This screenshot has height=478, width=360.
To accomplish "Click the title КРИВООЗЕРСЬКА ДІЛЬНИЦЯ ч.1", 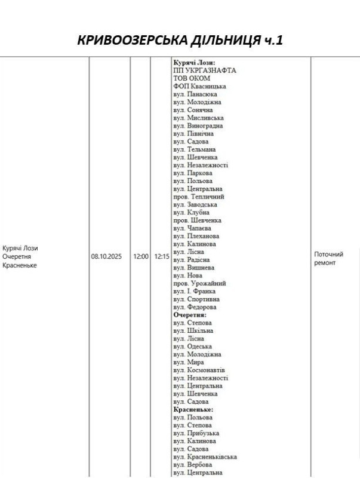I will [180, 41].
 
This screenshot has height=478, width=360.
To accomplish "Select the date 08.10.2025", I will [106, 256].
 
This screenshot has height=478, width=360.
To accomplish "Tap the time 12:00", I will [141, 256].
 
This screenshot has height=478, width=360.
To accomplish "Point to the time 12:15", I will [161, 256].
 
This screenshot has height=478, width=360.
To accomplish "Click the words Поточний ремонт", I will [328, 258].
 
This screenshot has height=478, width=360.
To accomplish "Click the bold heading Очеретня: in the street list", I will [190, 314].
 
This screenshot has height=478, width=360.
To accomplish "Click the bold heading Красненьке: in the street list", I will [193, 410].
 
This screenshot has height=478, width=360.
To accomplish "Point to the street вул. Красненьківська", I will [205, 457].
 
